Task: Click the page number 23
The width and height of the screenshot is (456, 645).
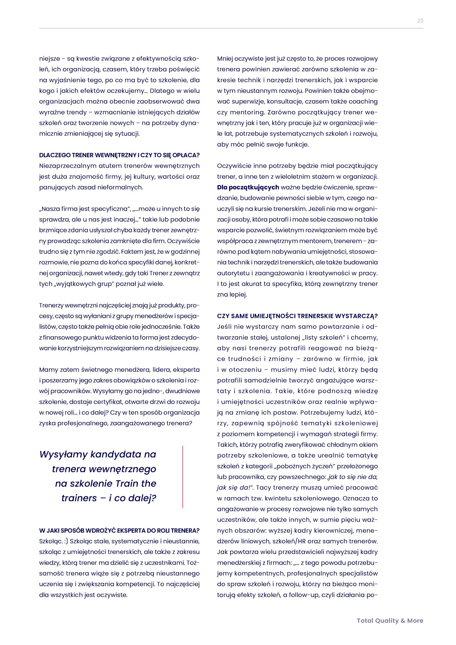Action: point(420,21)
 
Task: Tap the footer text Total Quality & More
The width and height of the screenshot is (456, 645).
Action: point(390,620)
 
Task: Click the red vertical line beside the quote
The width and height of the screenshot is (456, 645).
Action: point(183,476)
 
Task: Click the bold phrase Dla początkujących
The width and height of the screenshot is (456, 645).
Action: point(248,187)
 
